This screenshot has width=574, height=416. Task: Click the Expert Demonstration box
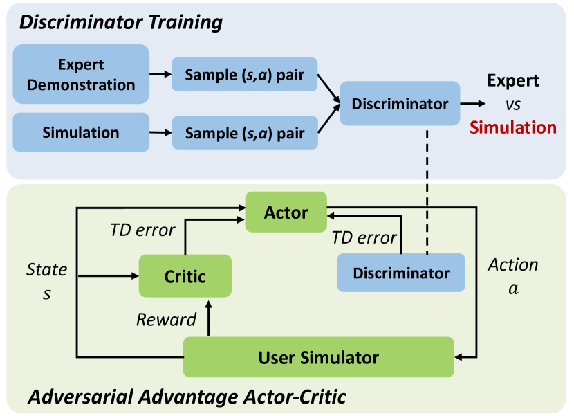pos(81,75)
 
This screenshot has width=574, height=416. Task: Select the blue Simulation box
pos(81,132)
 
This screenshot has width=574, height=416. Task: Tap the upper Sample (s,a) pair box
pos(245,75)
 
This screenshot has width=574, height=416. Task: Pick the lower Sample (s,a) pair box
pos(245,132)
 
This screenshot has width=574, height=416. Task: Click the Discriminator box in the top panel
pos(400,104)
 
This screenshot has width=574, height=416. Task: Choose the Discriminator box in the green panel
pos(401,273)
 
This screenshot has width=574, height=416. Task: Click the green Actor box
pos(286,212)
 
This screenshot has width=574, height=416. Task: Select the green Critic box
pos(185,277)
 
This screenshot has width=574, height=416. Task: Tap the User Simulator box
pos(318,358)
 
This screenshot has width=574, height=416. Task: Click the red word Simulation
pos(512,127)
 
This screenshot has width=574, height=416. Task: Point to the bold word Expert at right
pos(512,80)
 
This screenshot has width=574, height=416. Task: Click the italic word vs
pos(512,104)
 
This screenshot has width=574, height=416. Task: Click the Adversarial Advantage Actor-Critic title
pos(187,397)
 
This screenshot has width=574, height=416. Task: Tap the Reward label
pos(166,320)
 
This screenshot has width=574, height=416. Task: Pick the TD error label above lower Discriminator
pos(364,237)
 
